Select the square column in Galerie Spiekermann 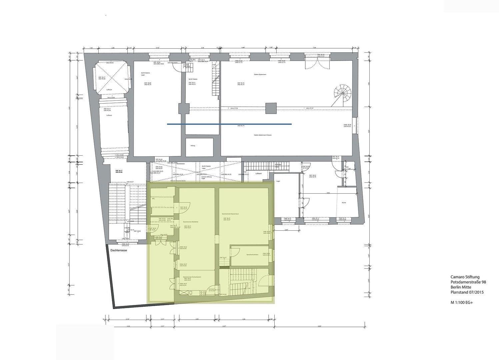pos(271,108)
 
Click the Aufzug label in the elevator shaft pos(193,146)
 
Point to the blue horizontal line pos(229,124)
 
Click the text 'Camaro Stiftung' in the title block pos(465,277)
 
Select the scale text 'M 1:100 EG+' pos(462,303)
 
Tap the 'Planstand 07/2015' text pos(467,292)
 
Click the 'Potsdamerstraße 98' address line pos(468,282)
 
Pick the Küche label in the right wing pos(344,203)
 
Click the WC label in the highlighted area pos(153,199)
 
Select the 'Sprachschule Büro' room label pos(252,255)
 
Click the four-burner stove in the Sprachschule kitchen pos(202,293)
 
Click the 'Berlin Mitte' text pos(461,287)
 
